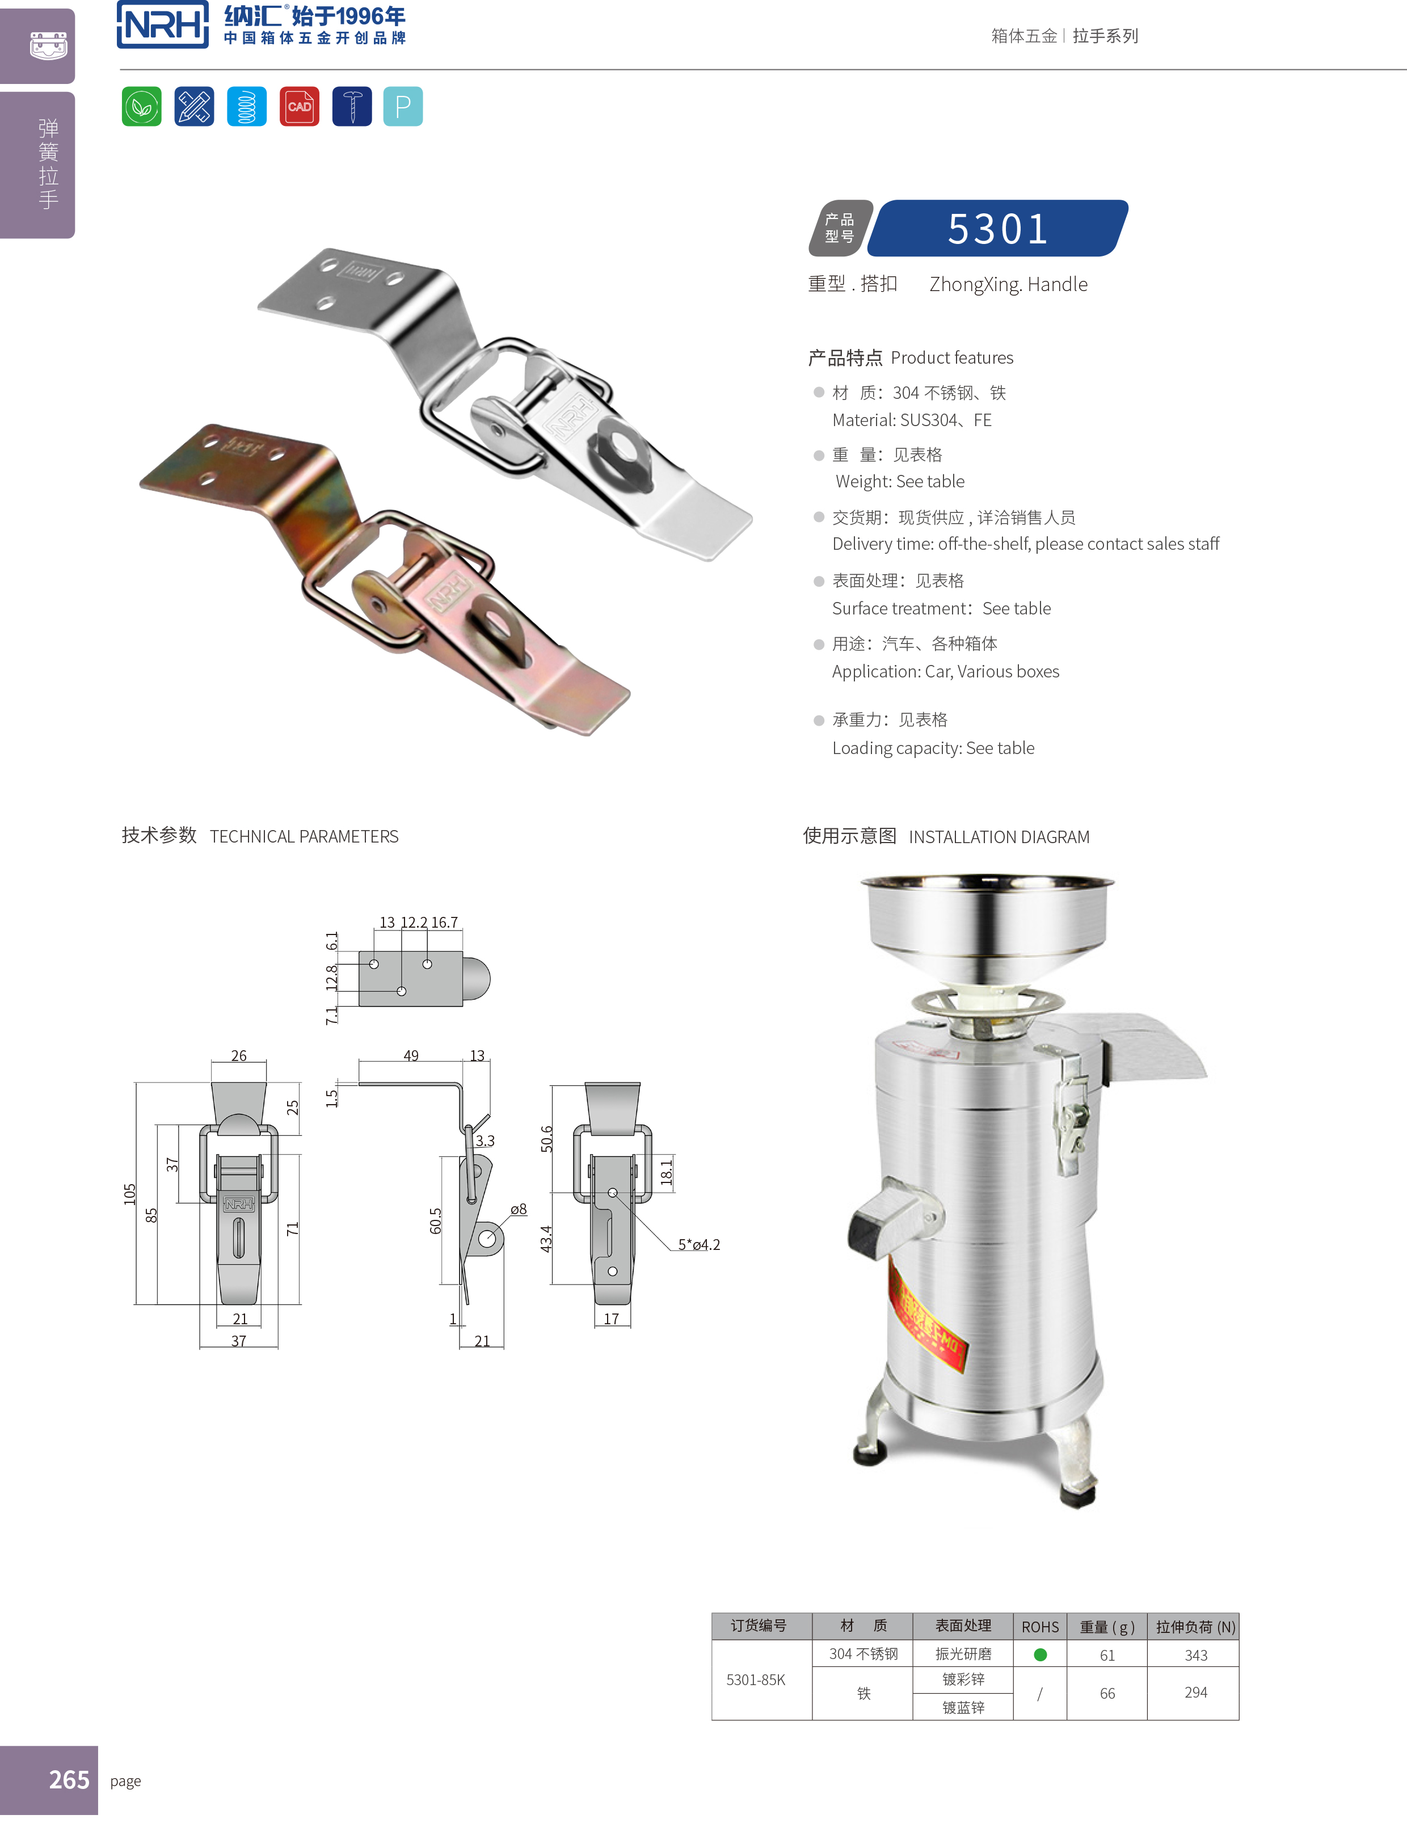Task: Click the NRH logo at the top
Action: (163, 24)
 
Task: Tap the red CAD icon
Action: (299, 107)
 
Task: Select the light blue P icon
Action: (403, 107)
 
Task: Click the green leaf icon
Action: (142, 107)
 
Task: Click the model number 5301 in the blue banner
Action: (998, 229)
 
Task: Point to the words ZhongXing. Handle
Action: (1008, 285)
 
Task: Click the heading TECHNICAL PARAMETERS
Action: (304, 836)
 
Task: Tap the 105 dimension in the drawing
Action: (129, 1194)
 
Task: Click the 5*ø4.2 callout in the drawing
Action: (698, 1244)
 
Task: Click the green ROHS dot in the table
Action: (1040, 1654)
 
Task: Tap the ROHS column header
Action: (1040, 1627)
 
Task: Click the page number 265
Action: (69, 1779)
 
